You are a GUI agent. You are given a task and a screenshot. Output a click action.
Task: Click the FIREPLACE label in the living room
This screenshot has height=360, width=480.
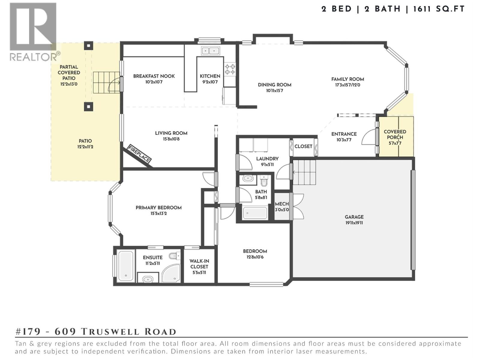[139, 154]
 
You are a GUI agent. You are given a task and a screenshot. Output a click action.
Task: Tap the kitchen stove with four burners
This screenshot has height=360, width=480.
[230, 69]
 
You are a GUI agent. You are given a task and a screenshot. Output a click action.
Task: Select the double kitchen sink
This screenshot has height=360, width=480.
[210, 51]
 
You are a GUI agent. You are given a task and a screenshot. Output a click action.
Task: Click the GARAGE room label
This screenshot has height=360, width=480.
[354, 217]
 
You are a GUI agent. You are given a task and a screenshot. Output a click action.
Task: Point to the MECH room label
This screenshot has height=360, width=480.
[282, 204]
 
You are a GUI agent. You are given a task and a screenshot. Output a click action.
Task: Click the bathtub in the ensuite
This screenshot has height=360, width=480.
[126, 265]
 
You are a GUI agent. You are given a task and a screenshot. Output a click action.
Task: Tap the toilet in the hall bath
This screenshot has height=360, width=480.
[264, 181]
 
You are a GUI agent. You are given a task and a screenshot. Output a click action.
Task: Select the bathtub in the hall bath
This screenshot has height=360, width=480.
[255, 213]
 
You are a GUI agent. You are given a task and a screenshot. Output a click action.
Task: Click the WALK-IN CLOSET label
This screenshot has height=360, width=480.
[199, 264]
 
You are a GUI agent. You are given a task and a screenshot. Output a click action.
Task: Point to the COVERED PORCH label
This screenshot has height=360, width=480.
[395, 134]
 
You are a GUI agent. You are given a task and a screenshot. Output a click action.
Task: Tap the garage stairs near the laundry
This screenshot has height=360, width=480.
[304, 172]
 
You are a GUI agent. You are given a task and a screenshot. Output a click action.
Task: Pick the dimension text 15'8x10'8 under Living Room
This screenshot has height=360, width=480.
[171, 139]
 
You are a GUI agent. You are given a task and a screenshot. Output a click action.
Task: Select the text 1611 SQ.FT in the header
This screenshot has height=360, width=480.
[439, 9]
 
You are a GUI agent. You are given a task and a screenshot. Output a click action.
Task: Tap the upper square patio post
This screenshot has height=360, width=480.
[88, 46]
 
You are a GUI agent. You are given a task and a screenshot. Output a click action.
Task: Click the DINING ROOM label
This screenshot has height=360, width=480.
[274, 85]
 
